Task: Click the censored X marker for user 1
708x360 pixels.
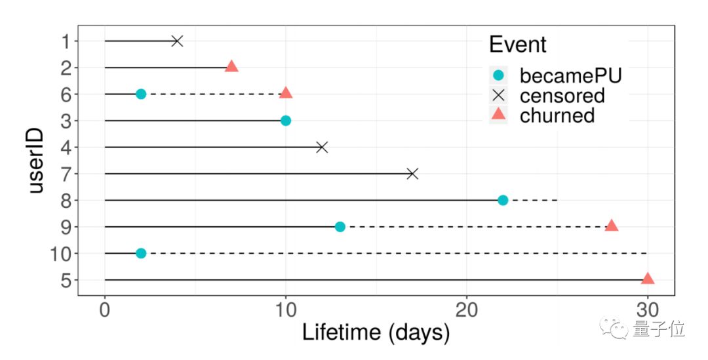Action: pyautogui.click(x=177, y=41)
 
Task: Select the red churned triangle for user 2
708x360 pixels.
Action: pyautogui.click(x=231, y=66)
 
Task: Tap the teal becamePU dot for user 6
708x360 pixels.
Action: pyautogui.click(x=141, y=94)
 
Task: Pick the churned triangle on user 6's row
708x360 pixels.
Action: pyautogui.click(x=286, y=93)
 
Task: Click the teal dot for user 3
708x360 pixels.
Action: pyautogui.click(x=286, y=121)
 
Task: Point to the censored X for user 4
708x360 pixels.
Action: pyautogui.click(x=322, y=147)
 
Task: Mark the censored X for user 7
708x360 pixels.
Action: pyautogui.click(x=412, y=174)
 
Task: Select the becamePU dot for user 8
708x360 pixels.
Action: pyautogui.click(x=503, y=200)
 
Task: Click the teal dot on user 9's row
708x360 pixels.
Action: pyautogui.click(x=340, y=227)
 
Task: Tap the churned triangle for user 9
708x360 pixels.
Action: pyautogui.click(x=612, y=226)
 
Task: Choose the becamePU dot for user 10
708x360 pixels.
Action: pyautogui.click(x=141, y=253)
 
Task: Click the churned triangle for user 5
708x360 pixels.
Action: pyautogui.click(x=648, y=279)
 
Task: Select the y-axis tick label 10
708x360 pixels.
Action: pyautogui.click(x=64, y=254)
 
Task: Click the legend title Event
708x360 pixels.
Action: pyautogui.click(x=517, y=45)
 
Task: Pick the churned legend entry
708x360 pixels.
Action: pyautogui.click(x=557, y=115)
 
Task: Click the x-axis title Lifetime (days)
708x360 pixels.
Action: pyautogui.click(x=376, y=332)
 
